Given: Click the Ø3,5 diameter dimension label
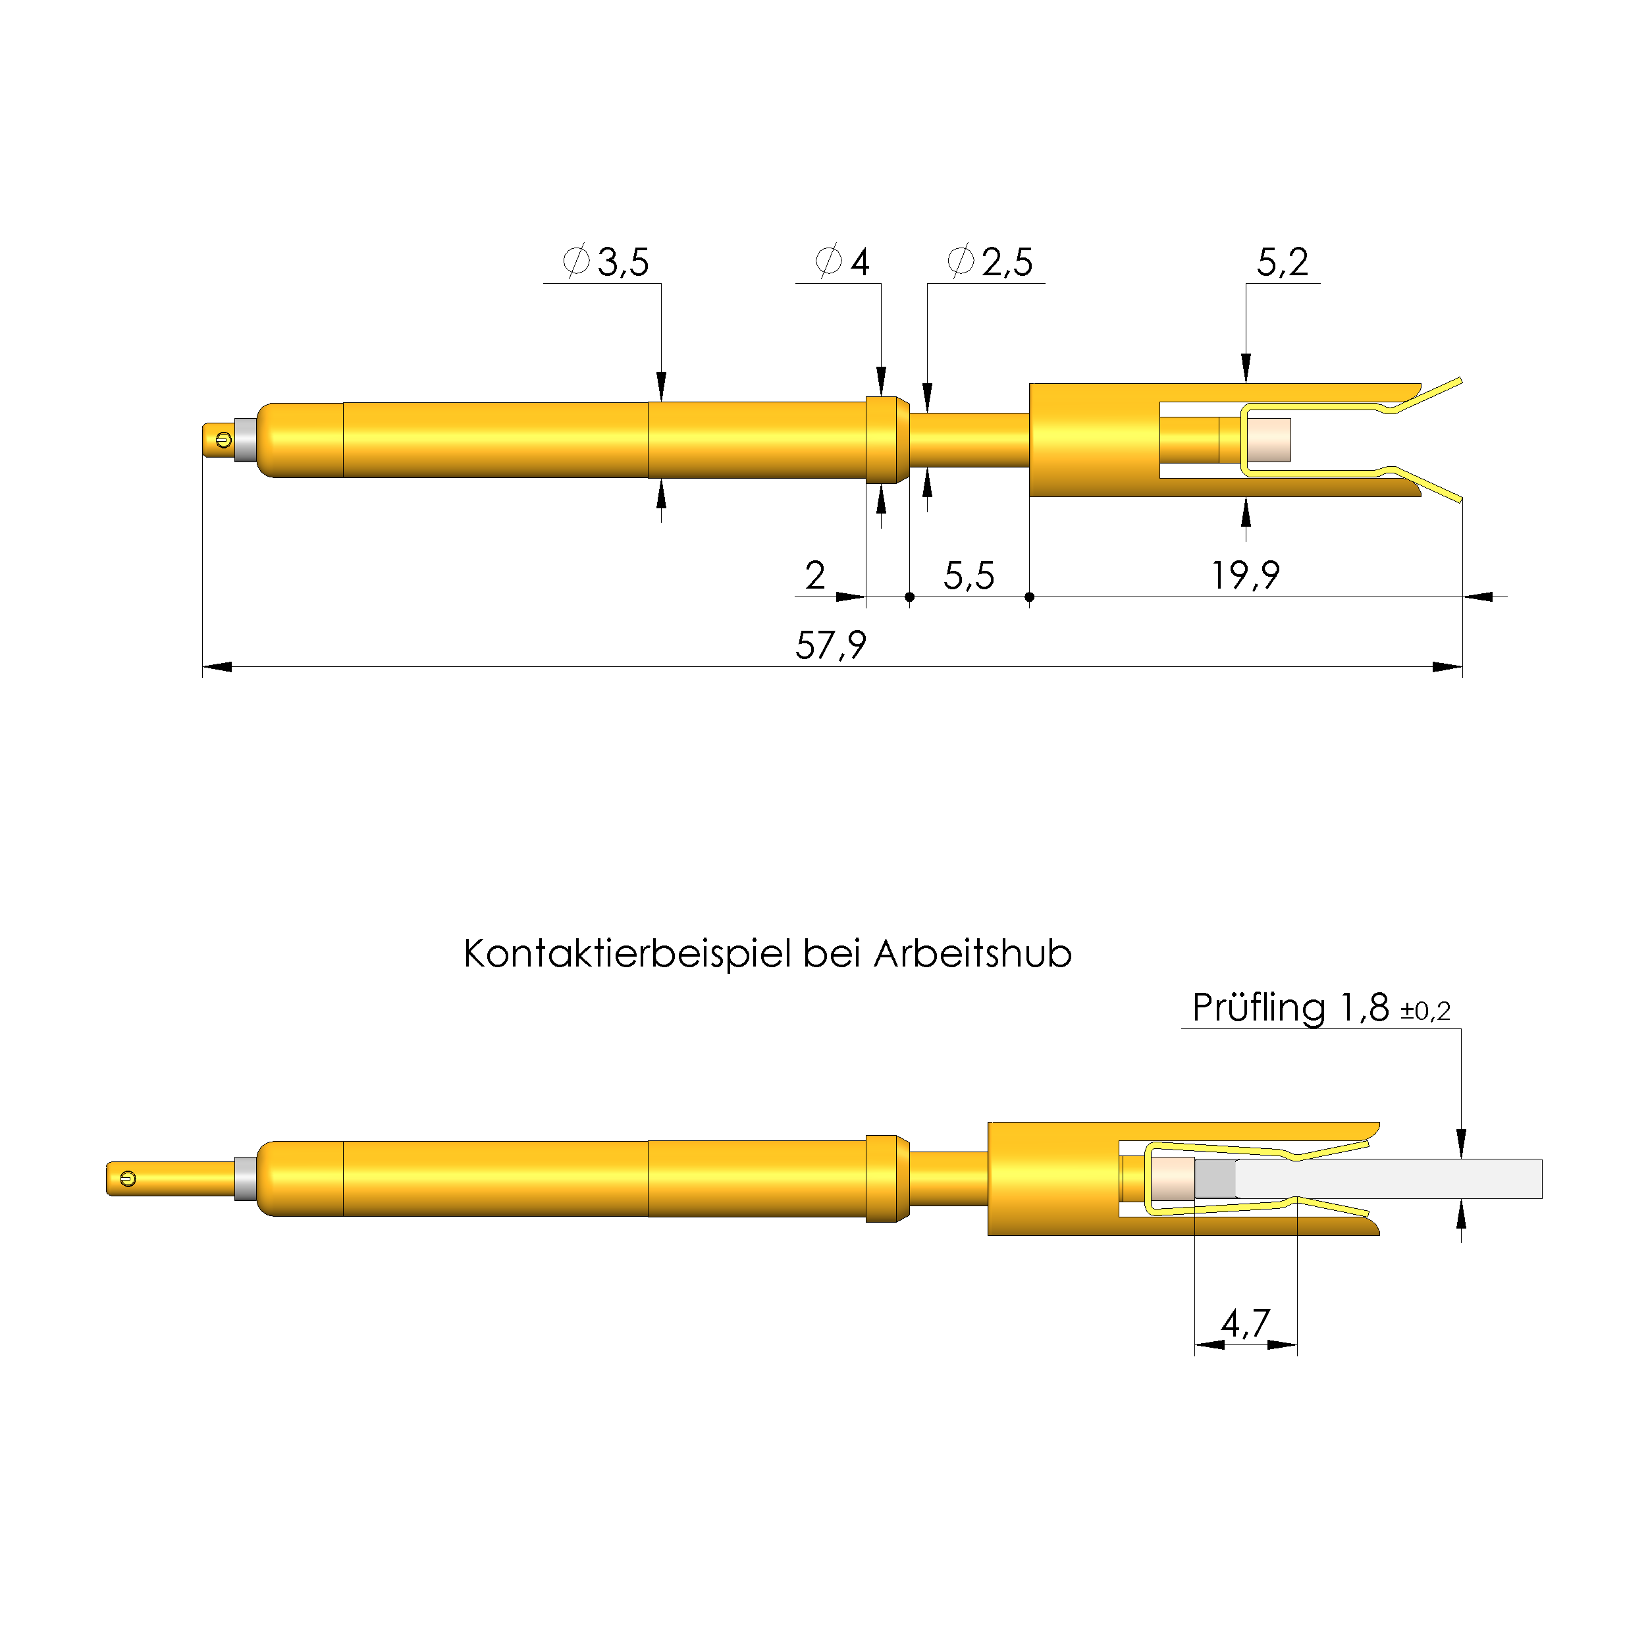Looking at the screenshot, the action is point(606,262).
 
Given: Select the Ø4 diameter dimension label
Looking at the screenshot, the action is point(842,262).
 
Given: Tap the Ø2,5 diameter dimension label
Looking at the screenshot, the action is point(990,262).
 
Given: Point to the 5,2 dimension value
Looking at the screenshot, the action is point(1282,263).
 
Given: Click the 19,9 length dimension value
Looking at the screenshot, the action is point(1246,575).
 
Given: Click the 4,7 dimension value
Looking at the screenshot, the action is point(1246,1323).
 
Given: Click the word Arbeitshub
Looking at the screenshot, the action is point(972,953).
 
